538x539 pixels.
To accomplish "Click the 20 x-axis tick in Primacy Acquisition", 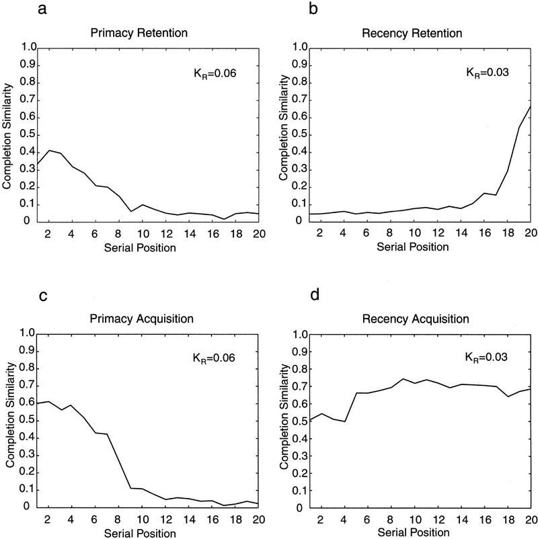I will (x=259, y=520).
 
